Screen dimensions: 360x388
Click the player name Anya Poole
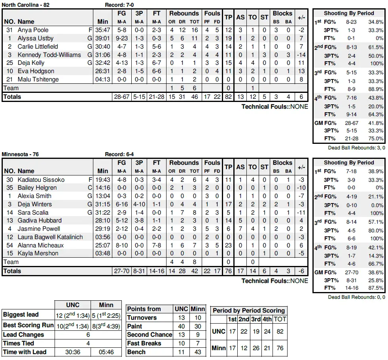33,30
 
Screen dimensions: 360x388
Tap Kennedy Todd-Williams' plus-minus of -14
301,55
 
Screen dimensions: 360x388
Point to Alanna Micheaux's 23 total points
228,245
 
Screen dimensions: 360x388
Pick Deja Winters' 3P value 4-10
139,204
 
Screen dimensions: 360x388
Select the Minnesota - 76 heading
20,154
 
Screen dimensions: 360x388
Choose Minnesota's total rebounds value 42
194,271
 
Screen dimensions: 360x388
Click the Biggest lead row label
21,315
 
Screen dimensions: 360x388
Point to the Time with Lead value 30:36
72,352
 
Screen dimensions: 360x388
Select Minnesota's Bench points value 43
198,352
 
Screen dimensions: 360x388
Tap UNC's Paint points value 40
181,326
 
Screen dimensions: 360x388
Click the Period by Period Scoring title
249,311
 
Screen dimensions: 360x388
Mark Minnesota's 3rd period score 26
256,348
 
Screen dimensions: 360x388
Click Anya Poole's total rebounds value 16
194,30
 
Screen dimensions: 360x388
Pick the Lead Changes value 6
88,335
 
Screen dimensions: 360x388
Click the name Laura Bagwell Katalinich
50,237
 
